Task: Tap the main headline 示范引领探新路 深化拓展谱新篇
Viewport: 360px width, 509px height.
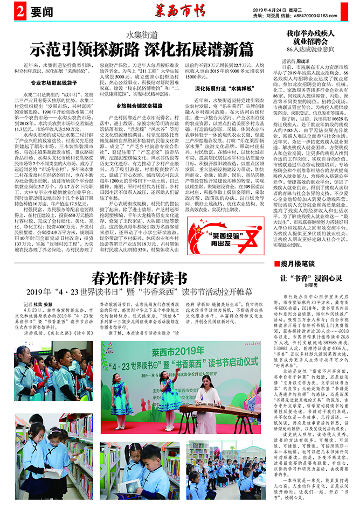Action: tap(142, 48)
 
